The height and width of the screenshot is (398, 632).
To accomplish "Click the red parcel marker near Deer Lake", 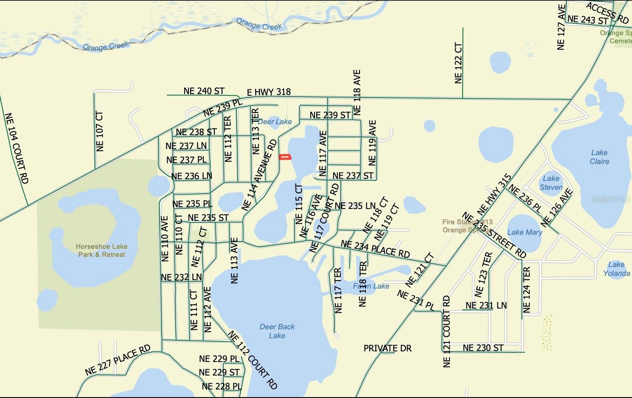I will click(x=285, y=157).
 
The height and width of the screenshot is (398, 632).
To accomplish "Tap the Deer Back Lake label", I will click(x=277, y=331).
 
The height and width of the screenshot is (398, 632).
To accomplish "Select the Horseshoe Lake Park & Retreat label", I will click(x=101, y=250).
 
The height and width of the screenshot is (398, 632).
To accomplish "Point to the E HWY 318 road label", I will click(x=269, y=92).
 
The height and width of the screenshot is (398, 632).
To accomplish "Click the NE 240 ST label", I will click(x=204, y=91).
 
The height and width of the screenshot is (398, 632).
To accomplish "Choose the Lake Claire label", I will click(x=599, y=157).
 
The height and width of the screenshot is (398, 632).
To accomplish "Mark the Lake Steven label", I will click(x=551, y=183).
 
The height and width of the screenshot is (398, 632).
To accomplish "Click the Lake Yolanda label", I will click(x=616, y=269).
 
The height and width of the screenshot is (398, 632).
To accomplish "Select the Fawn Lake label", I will click(x=371, y=286).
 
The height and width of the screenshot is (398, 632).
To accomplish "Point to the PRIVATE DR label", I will click(x=388, y=348).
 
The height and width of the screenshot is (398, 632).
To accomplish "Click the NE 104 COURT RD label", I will click(x=17, y=148).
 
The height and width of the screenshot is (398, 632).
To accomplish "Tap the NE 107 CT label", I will click(x=100, y=131).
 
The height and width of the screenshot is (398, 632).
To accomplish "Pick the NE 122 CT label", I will click(x=458, y=63).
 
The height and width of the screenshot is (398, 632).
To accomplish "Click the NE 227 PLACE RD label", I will click(x=118, y=360).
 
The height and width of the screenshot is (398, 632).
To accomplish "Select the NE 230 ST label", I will click(x=483, y=348).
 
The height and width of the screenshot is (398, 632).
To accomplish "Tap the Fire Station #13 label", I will click(x=467, y=222).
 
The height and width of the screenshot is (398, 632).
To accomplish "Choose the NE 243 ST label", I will click(x=587, y=19).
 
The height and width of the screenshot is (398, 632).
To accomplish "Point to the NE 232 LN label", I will click(x=181, y=277).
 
